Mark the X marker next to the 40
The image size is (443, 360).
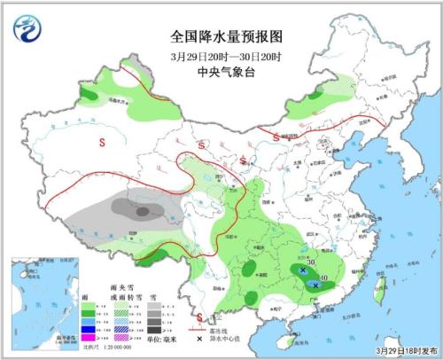pos(315,285)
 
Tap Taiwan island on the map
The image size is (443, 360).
pos(383,285)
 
